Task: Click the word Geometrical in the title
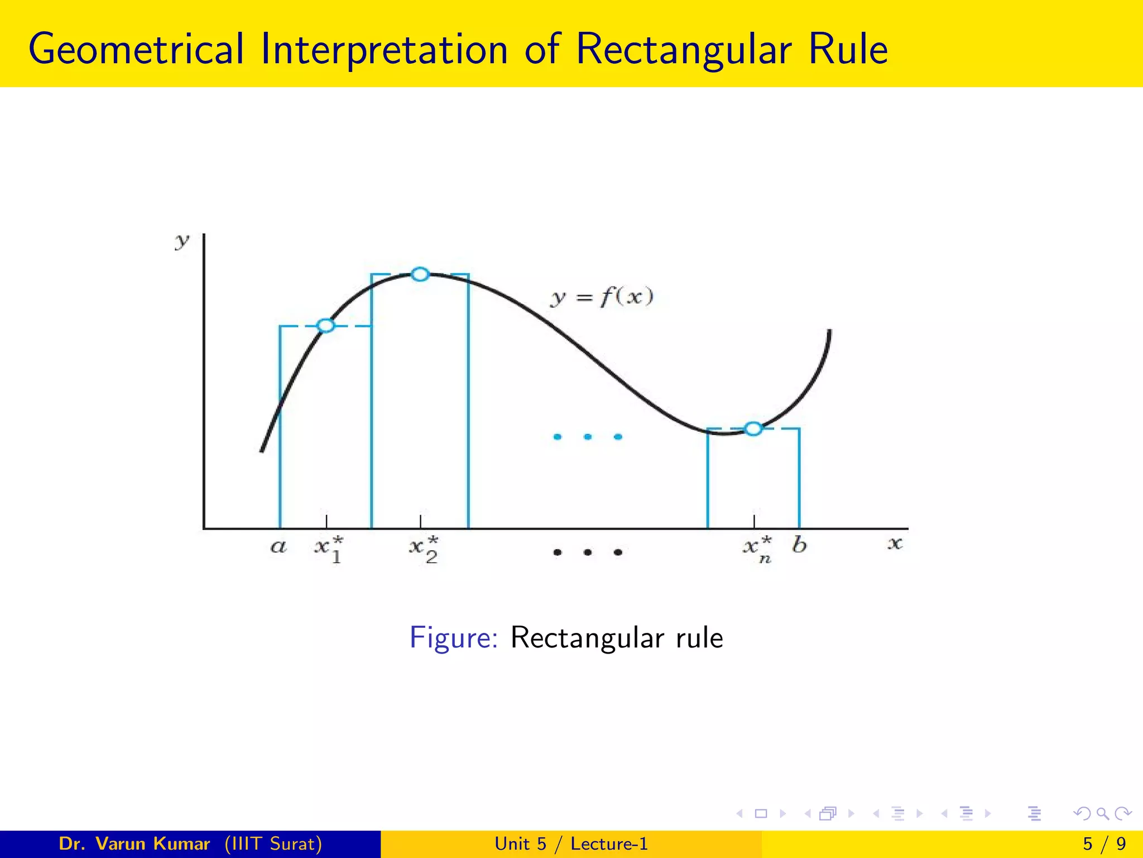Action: [136, 50]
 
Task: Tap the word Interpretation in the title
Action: [385, 50]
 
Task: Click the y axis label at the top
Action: [182, 242]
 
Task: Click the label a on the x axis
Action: [278, 546]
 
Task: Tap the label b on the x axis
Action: [799, 544]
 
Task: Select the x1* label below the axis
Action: [329, 549]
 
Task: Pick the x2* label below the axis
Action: [424, 549]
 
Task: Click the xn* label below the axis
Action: [758, 549]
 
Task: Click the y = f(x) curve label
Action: [602, 297]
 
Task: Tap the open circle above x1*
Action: [326, 326]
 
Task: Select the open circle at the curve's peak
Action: [420, 274]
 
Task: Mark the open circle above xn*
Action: [753, 429]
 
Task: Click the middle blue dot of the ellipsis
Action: [587, 437]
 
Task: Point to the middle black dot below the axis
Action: [587, 552]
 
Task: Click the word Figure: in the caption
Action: [453, 637]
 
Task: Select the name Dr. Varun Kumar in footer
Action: [135, 843]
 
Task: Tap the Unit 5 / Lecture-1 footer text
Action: [571, 843]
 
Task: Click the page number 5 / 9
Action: [1104, 843]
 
